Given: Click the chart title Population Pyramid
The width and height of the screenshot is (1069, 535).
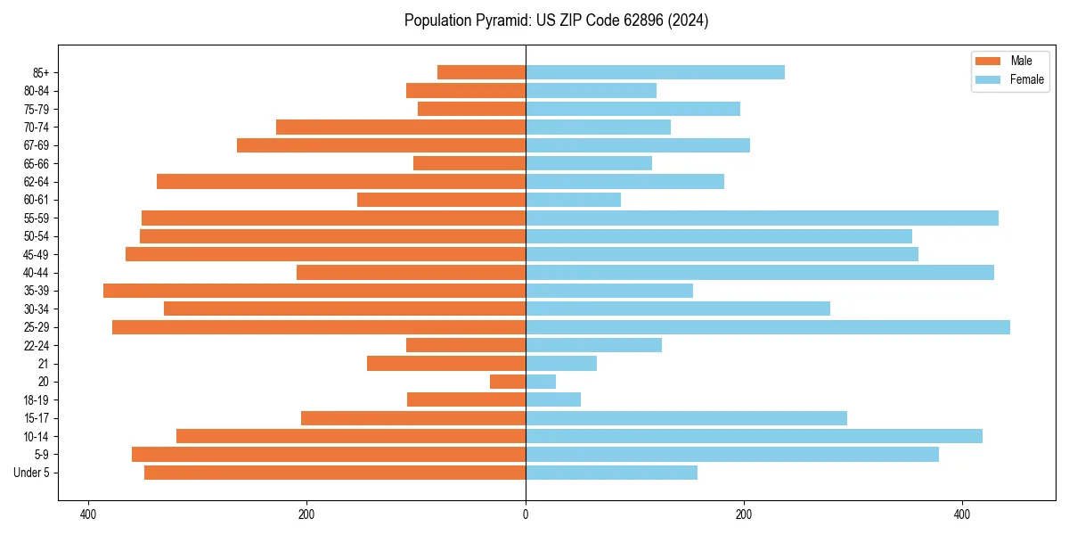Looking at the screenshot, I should click(556, 21).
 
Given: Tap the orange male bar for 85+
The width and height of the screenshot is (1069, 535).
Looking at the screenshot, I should click(481, 72).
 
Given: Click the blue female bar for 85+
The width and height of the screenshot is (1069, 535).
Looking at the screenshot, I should click(655, 72).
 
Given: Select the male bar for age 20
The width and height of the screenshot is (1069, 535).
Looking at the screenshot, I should click(508, 382).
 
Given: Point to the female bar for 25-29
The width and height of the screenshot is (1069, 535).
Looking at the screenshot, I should click(768, 327).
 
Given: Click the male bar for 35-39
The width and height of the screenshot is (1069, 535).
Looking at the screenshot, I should click(314, 291).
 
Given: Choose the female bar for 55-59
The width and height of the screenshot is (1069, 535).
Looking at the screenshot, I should click(762, 218).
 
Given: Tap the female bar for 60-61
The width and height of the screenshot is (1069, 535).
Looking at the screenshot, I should click(573, 200).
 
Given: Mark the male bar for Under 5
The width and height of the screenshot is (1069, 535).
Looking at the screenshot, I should click(335, 473).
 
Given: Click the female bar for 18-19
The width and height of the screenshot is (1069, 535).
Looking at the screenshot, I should click(553, 399).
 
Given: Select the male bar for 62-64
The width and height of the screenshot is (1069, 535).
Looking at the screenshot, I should click(341, 181).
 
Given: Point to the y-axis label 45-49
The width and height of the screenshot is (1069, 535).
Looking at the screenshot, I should click(37, 254).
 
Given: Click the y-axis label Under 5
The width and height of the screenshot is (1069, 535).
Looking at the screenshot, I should click(32, 473).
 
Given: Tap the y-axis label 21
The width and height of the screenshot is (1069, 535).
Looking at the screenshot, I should click(44, 364).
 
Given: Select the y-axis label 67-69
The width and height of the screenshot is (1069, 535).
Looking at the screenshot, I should click(37, 145).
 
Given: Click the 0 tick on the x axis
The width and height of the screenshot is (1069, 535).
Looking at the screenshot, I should click(526, 514).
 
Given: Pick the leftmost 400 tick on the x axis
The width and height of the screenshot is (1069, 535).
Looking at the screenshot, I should click(87, 514).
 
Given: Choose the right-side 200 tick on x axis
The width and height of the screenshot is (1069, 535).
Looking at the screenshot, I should click(744, 514).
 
